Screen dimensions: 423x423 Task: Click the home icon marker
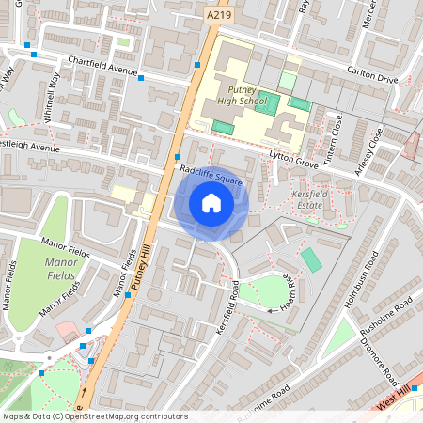(x=211, y=203)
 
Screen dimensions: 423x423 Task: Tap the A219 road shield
(x=217, y=15)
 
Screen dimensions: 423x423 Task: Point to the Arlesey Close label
(x=370, y=149)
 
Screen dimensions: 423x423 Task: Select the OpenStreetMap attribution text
(x=95, y=416)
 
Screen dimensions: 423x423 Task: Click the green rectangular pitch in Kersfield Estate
(x=310, y=259)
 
